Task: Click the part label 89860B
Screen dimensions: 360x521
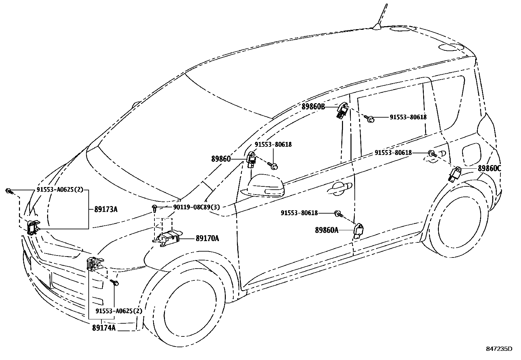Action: pyautogui.click(x=313, y=106)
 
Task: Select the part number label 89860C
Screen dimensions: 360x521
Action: pyautogui.click(x=489, y=168)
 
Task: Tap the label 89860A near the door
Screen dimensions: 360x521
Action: pyautogui.click(x=327, y=230)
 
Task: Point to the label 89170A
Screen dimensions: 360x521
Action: pyautogui.click(x=207, y=238)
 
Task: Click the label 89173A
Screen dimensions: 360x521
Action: pyautogui.click(x=105, y=209)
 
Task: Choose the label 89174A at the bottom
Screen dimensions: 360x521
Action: pyautogui.click(x=103, y=328)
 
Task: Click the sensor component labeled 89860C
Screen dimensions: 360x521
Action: pyautogui.click(x=455, y=174)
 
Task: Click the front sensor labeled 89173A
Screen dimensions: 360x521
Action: pyautogui.click(x=33, y=227)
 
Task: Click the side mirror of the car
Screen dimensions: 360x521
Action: pyautogui.click(x=265, y=187)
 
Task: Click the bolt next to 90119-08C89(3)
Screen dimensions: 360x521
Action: pyautogui.click(x=154, y=207)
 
